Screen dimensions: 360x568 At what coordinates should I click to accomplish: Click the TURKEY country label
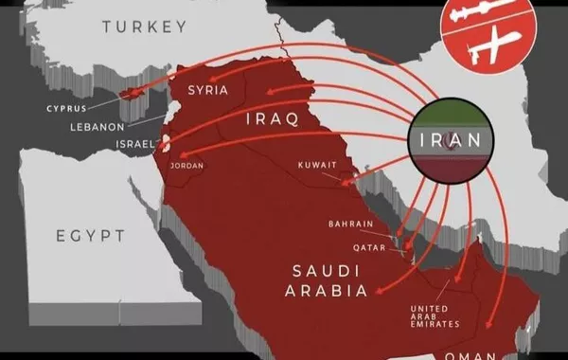coord(144,27)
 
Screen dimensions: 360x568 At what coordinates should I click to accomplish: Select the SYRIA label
coord(208,91)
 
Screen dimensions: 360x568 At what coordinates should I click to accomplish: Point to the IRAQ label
coord(272,119)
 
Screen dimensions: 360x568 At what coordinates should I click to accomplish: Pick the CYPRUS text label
coord(66,108)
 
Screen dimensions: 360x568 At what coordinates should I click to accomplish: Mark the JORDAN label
coord(186,166)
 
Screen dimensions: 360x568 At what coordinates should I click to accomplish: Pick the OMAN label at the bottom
coord(468,354)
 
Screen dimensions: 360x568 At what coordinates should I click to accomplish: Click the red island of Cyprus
coord(130,94)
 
